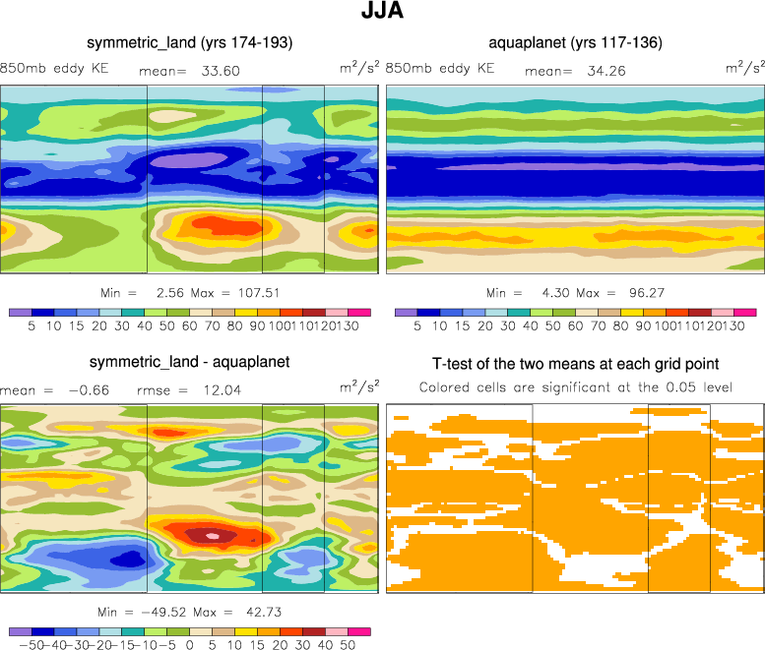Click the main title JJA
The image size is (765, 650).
coord(382,14)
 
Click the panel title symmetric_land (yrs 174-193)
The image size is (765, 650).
coord(190,42)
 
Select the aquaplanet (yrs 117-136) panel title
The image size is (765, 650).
coord(575,42)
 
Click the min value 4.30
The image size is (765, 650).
coord(553,293)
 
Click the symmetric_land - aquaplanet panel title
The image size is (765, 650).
coord(189,361)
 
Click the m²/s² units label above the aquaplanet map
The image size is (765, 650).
coord(745,67)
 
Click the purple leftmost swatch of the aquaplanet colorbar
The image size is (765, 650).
coord(404,312)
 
